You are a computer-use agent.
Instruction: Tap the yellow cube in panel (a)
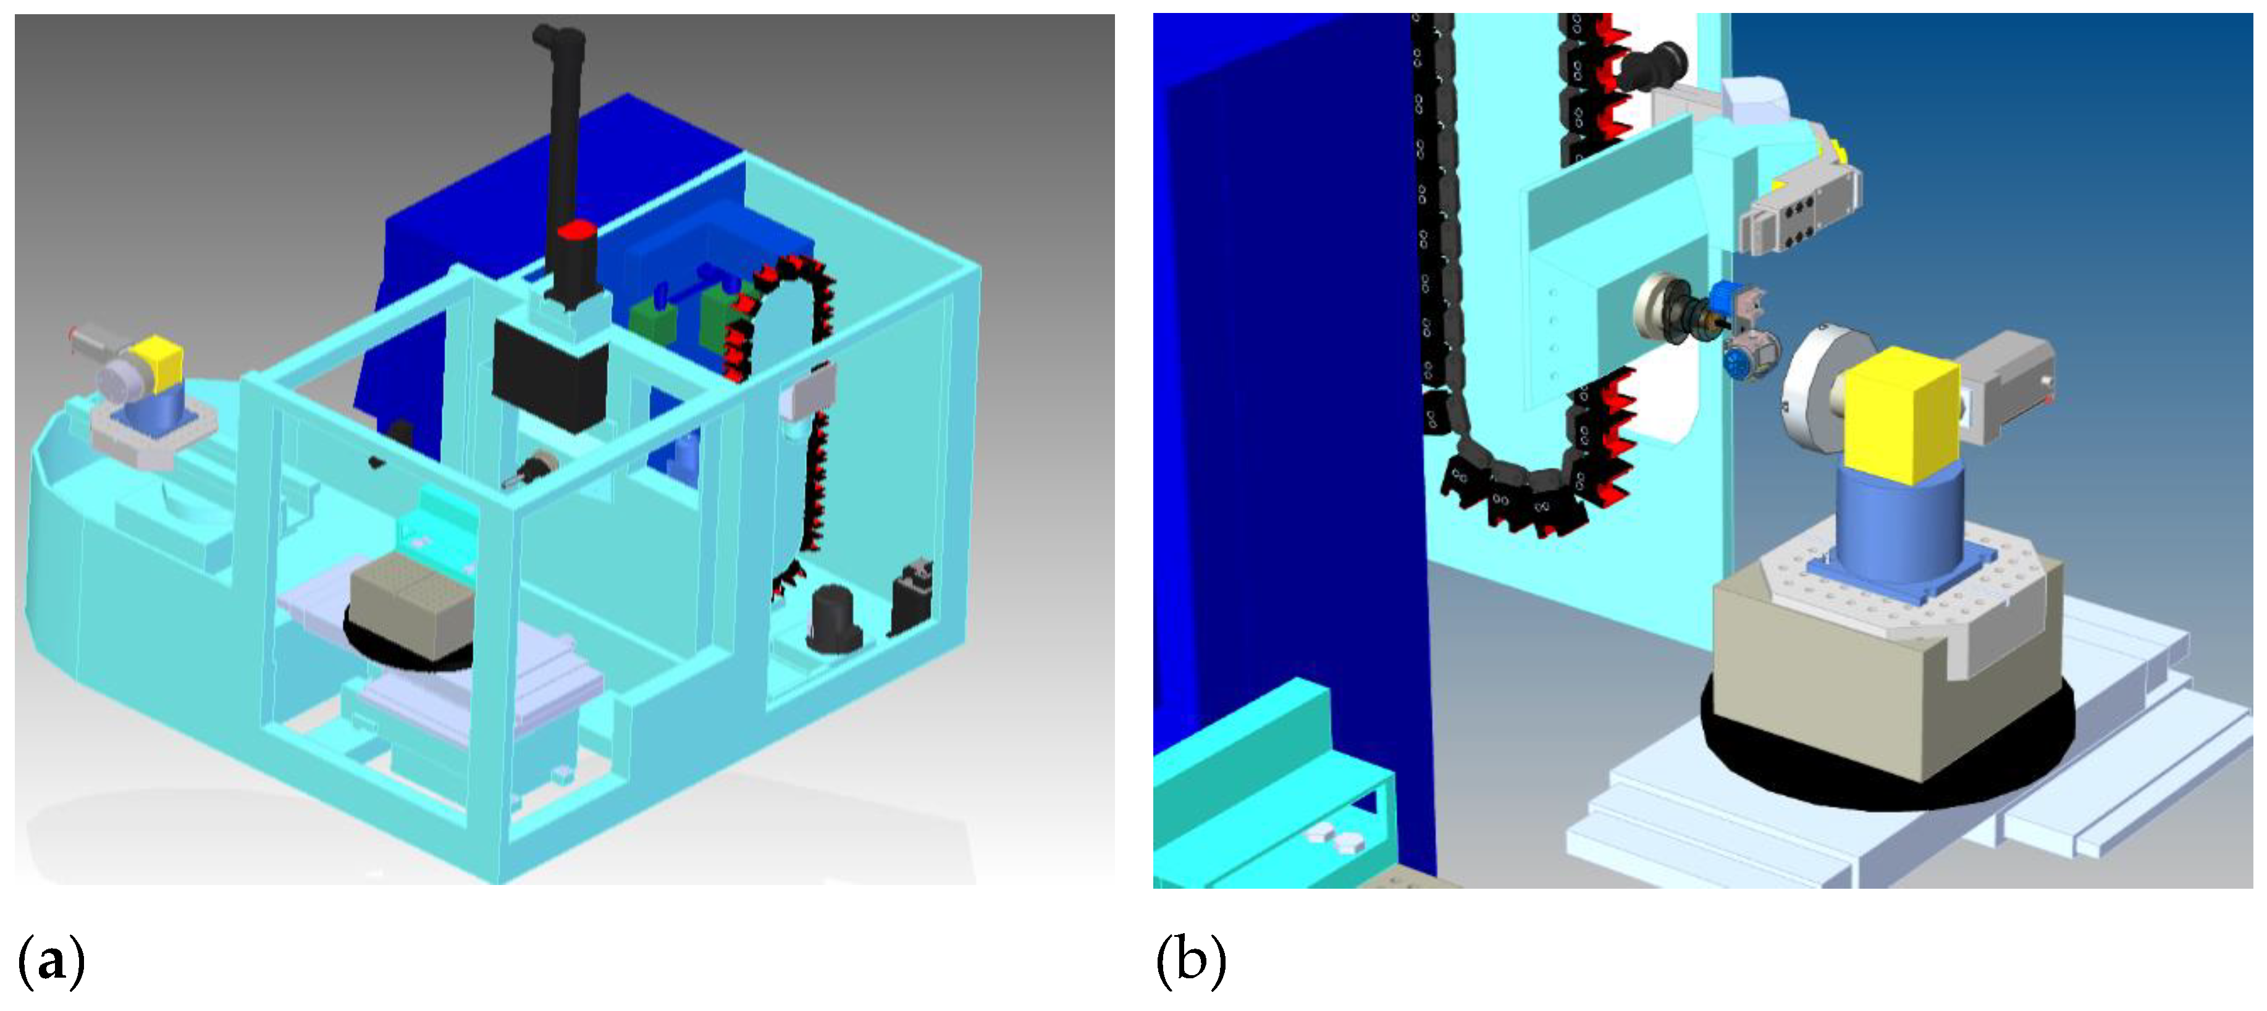coord(158,363)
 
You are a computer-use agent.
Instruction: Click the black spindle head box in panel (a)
coord(550,375)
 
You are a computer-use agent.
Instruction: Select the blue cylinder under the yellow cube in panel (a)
coord(155,410)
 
